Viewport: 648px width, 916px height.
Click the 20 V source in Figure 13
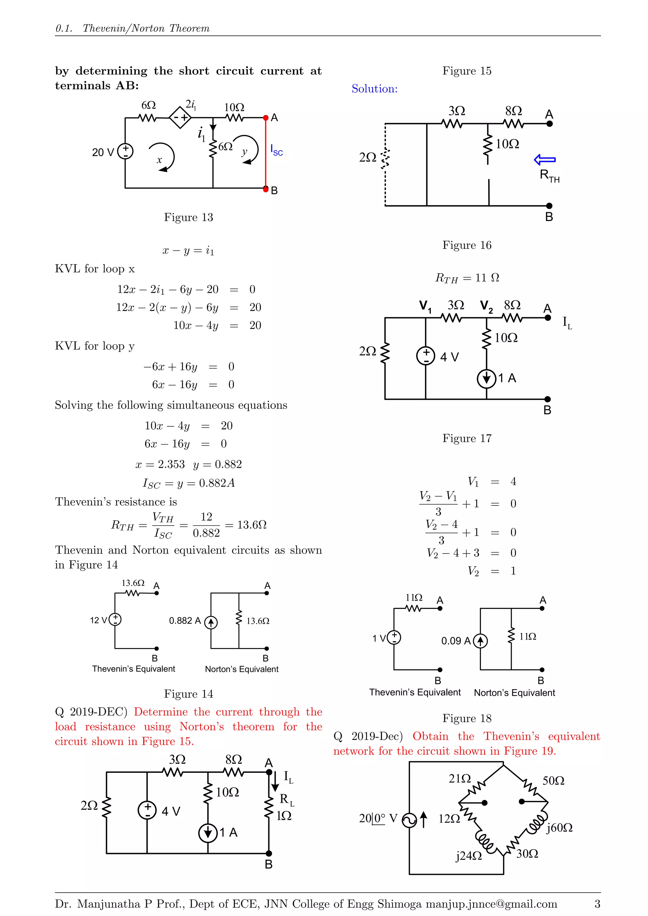[x=125, y=152]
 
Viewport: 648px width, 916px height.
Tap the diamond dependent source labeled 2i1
[x=180, y=117]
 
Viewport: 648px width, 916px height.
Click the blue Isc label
[x=276, y=151]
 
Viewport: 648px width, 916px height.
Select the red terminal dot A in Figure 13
[x=266, y=118]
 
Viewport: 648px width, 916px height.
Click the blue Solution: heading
[x=374, y=89]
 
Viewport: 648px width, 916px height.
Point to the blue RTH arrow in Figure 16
[x=545, y=160]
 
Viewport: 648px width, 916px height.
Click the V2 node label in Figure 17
[x=486, y=306]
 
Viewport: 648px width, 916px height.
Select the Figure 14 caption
[x=188, y=694]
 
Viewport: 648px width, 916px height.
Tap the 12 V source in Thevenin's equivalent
[x=115, y=619]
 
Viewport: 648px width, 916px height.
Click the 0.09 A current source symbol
[x=480, y=641]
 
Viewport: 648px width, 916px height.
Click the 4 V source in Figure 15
[x=147, y=810]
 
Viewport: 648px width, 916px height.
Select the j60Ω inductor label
[x=559, y=827]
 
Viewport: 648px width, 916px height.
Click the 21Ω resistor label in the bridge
[x=460, y=778]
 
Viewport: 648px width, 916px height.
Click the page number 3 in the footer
[x=597, y=904]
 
